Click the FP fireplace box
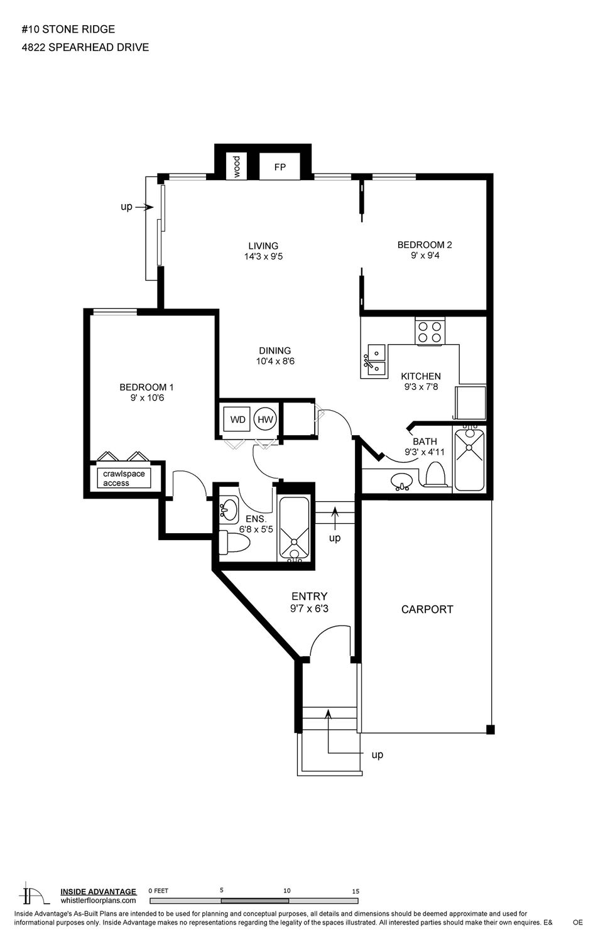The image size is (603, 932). [x=280, y=167]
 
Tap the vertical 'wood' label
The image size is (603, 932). [x=236, y=167]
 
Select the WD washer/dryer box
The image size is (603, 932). [x=237, y=420]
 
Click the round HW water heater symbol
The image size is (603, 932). [x=265, y=420]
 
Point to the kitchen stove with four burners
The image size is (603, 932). [x=430, y=332]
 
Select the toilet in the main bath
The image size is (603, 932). [x=436, y=475]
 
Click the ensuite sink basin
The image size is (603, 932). [x=229, y=509]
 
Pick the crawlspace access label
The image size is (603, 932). [x=124, y=479]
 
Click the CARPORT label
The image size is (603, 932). [x=427, y=609]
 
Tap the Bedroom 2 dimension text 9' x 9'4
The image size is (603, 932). [x=425, y=256]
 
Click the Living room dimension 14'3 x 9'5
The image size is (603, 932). [x=263, y=257]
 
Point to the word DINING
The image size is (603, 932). [x=274, y=351]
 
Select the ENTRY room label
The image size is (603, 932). [x=309, y=597]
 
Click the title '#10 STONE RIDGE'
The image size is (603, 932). [x=68, y=29]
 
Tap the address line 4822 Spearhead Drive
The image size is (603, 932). [x=85, y=47]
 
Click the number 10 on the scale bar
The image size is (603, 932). [x=287, y=891]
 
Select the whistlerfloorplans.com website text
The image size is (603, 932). [x=98, y=900]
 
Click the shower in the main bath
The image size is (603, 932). [x=469, y=458]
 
